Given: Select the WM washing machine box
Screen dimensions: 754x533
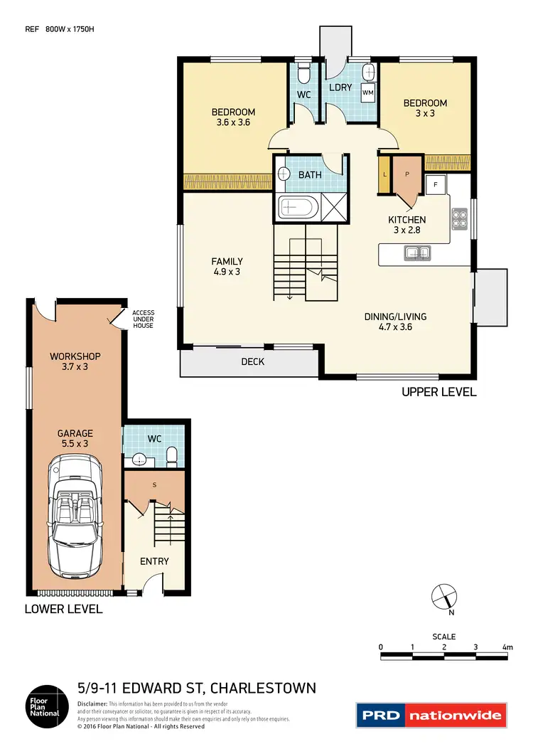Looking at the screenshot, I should [x=367, y=92].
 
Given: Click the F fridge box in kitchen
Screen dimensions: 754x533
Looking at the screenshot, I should [x=435, y=185].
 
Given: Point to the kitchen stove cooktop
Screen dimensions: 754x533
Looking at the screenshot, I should [x=458, y=218].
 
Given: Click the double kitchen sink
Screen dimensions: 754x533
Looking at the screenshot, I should [x=416, y=251].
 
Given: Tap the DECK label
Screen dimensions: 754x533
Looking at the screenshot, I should [x=253, y=362].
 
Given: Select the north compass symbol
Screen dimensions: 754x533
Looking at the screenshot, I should [x=443, y=595].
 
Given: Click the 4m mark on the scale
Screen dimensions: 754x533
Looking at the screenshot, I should [x=507, y=647].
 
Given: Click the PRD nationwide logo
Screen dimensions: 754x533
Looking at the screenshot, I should [x=431, y=716].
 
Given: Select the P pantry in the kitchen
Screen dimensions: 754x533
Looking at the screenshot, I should [x=408, y=174].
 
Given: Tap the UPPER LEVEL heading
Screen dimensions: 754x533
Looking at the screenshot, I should [x=438, y=392].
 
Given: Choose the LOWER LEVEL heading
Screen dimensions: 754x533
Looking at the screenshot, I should [x=63, y=609].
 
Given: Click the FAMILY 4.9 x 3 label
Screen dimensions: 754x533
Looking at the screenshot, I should [x=227, y=266].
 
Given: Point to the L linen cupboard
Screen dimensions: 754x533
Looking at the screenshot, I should [x=384, y=174].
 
